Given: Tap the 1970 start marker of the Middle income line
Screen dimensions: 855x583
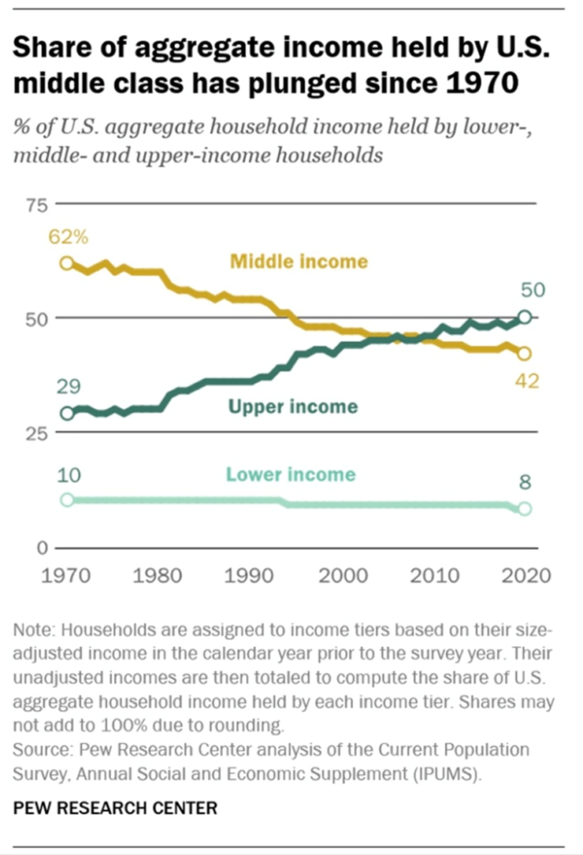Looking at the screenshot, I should [67, 264].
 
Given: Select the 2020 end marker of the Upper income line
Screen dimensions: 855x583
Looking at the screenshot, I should [525, 316].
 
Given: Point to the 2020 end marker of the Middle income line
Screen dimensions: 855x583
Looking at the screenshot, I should [525, 353].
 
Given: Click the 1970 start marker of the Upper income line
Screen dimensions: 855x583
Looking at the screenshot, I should [67, 413].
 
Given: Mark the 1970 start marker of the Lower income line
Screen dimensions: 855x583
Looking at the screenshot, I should [67, 500].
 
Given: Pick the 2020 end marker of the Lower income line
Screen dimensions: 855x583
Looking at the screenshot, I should [525, 508].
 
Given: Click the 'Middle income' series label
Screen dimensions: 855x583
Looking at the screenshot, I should [298, 261].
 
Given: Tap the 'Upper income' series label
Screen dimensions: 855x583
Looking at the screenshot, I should [294, 407].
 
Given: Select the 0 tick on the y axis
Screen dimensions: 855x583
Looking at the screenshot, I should [38, 548].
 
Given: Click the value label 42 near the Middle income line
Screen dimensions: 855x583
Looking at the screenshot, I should [527, 382].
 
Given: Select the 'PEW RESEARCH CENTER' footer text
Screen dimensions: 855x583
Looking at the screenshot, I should [115, 808].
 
